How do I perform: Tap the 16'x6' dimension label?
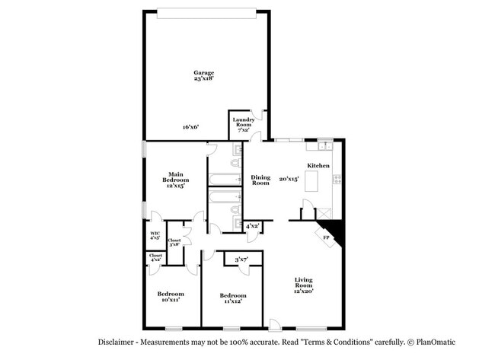(190, 127)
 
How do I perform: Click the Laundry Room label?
(243, 123)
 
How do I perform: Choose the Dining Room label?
(260, 180)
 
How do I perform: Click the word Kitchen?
(318, 166)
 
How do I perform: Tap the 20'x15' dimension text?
(289, 180)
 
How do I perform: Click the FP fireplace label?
(327, 237)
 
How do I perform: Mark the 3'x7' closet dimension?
(241, 260)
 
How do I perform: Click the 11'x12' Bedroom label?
(232, 298)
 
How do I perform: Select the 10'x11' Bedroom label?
(171, 297)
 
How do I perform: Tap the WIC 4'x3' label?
(154, 236)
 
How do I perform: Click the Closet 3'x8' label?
(174, 242)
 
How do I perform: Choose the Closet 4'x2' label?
(155, 258)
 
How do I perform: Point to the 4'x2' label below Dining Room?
(252, 226)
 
